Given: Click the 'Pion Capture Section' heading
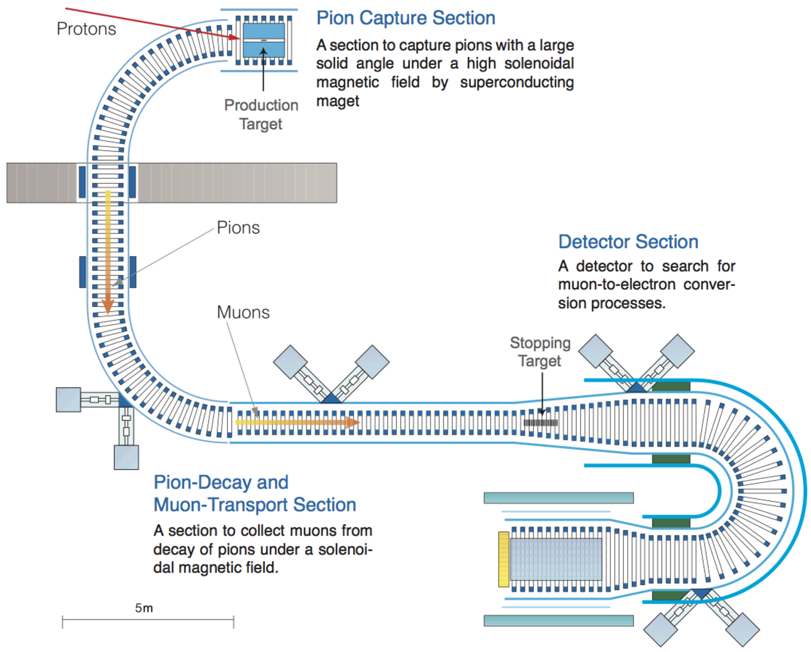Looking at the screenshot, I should [x=405, y=18].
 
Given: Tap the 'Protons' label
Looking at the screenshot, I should [x=86, y=29].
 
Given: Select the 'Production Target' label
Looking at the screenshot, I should [x=261, y=114].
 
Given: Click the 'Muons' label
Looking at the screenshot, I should [x=243, y=312].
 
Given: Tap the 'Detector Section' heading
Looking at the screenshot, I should [x=628, y=242].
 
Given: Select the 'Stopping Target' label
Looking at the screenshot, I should [x=540, y=351].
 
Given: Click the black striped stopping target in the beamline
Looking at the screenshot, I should [x=541, y=423].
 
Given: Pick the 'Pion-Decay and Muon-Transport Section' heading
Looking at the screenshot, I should [x=255, y=493].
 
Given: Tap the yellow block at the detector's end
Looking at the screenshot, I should [x=503, y=559].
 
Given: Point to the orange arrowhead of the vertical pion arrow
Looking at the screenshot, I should [x=108, y=307].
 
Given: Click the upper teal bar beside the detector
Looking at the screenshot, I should [x=558, y=498].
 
